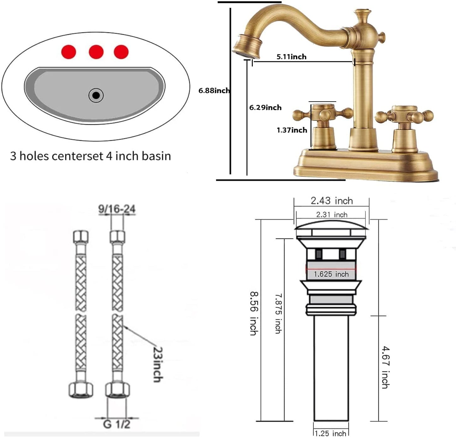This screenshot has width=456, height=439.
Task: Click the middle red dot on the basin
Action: coord(96,52)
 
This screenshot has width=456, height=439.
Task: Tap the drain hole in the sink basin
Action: coord(96,95)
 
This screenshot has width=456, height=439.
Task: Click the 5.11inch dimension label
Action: coord(291,57)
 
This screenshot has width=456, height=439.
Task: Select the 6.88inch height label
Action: coord(214,91)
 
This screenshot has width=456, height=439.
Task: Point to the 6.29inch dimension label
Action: coord(265,108)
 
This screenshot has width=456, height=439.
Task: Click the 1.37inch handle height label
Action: coord(292,130)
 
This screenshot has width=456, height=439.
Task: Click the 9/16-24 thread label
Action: coord(117,209)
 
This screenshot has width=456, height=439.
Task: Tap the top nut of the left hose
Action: coord(81,237)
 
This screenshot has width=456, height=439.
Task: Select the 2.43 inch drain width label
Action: coord(331,201)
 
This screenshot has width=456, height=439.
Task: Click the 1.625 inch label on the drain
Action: coord(331,274)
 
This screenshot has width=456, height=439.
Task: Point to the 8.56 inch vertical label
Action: coord(254,313)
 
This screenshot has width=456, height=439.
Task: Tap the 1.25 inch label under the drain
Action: coord(330,433)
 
